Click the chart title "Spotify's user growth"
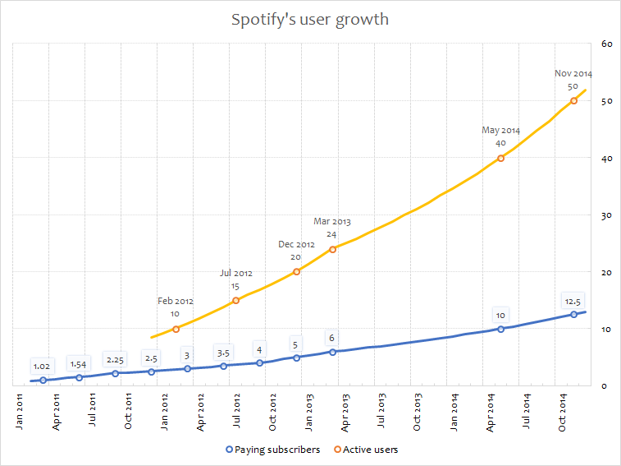click(x=310, y=19)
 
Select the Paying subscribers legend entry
click(x=272, y=450)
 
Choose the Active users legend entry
click(x=368, y=450)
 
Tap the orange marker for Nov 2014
click(x=573, y=100)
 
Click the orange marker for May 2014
click(x=501, y=158)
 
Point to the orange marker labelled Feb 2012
click(x=176, y=329)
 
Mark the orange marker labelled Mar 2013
click(x=332, y=249)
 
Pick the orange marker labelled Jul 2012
click(x=236, y=300)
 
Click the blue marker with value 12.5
click(x=573, y=314)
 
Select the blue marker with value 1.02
click(x=43, y=380)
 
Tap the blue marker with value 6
click(x=332, y=352)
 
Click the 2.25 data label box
click(x=115, y=359)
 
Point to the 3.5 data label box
click(x=223, y=353)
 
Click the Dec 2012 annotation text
click(x=296, y=244)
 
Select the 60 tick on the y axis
click(x=608, y=44)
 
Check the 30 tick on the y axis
click(x=608, y=215)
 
